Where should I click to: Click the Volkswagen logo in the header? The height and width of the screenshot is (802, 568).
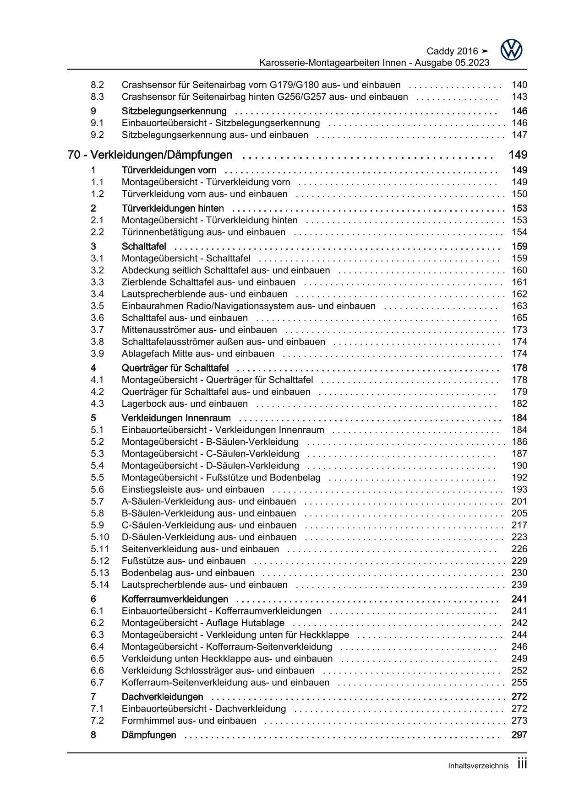[511, 50]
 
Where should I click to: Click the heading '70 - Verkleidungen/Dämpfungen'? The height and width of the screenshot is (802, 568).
[150, 155]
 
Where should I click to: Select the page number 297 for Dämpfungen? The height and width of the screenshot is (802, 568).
[519, 735]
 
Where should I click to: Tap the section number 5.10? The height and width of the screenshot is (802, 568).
[100, 537]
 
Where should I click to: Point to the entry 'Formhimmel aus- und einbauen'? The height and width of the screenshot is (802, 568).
[189, 721]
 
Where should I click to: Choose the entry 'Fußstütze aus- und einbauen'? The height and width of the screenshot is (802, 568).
[183, 561]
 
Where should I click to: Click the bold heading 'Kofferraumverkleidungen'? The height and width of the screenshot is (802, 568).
[175, 599]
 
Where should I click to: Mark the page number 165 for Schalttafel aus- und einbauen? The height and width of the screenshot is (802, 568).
[519, 318]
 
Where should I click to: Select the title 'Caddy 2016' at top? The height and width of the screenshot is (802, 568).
[452, 51]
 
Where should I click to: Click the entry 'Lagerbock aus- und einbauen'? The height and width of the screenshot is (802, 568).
[185, 404]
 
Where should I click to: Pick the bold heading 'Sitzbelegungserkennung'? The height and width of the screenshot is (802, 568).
[174, 111]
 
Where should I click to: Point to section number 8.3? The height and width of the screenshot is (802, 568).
[97, 97]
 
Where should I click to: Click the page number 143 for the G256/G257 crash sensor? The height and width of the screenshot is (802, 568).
[519, 97]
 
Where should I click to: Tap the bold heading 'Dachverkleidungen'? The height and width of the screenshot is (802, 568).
[162, 697]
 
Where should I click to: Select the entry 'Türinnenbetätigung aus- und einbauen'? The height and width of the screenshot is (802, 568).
[203, 232]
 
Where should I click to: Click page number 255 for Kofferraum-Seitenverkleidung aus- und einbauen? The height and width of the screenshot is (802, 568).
[519, 682]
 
